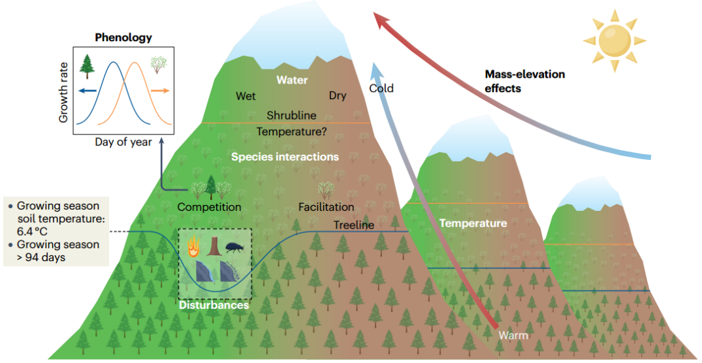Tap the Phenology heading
(123, 37)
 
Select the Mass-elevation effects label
(524, 81)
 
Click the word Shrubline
(291, 115)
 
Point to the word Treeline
(354, 225)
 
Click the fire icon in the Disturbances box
(193, 247)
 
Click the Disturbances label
(214, 305)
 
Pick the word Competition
(209, 207)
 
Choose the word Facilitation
(326, 207)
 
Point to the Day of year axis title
(123, 142)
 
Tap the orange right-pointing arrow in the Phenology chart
(159, 91)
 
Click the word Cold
(381, 88)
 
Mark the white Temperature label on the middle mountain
(472, 223)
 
